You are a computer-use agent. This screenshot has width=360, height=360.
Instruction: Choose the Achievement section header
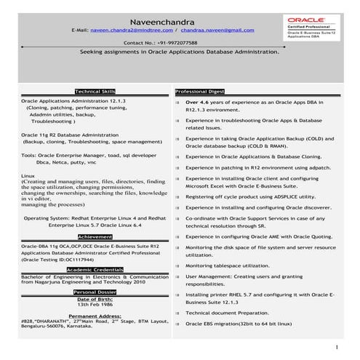(x=95, y=216)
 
